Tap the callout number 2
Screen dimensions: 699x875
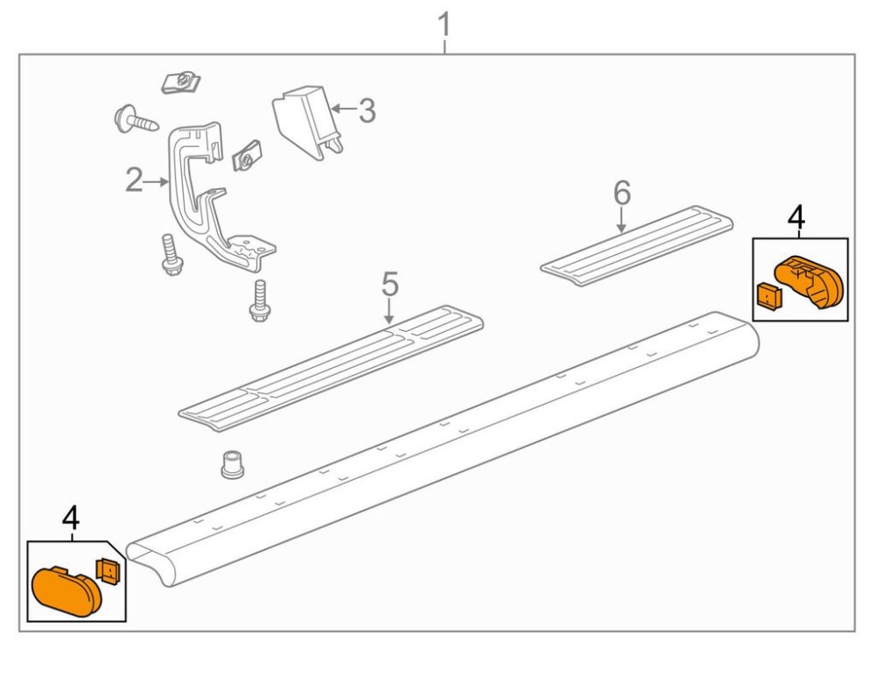click(x=133, y=181)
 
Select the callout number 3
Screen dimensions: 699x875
click(x=367, y=111)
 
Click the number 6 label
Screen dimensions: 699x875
click(x=621, y=193)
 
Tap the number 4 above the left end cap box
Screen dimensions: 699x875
click(x=71, y=518)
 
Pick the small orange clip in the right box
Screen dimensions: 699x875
click(x=767, y=296)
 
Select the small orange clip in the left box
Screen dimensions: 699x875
click(x=108, y=571)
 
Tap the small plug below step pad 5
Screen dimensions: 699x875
click(x=231, y=463)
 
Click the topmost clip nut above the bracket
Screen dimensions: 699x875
click(x=181, y=83)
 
